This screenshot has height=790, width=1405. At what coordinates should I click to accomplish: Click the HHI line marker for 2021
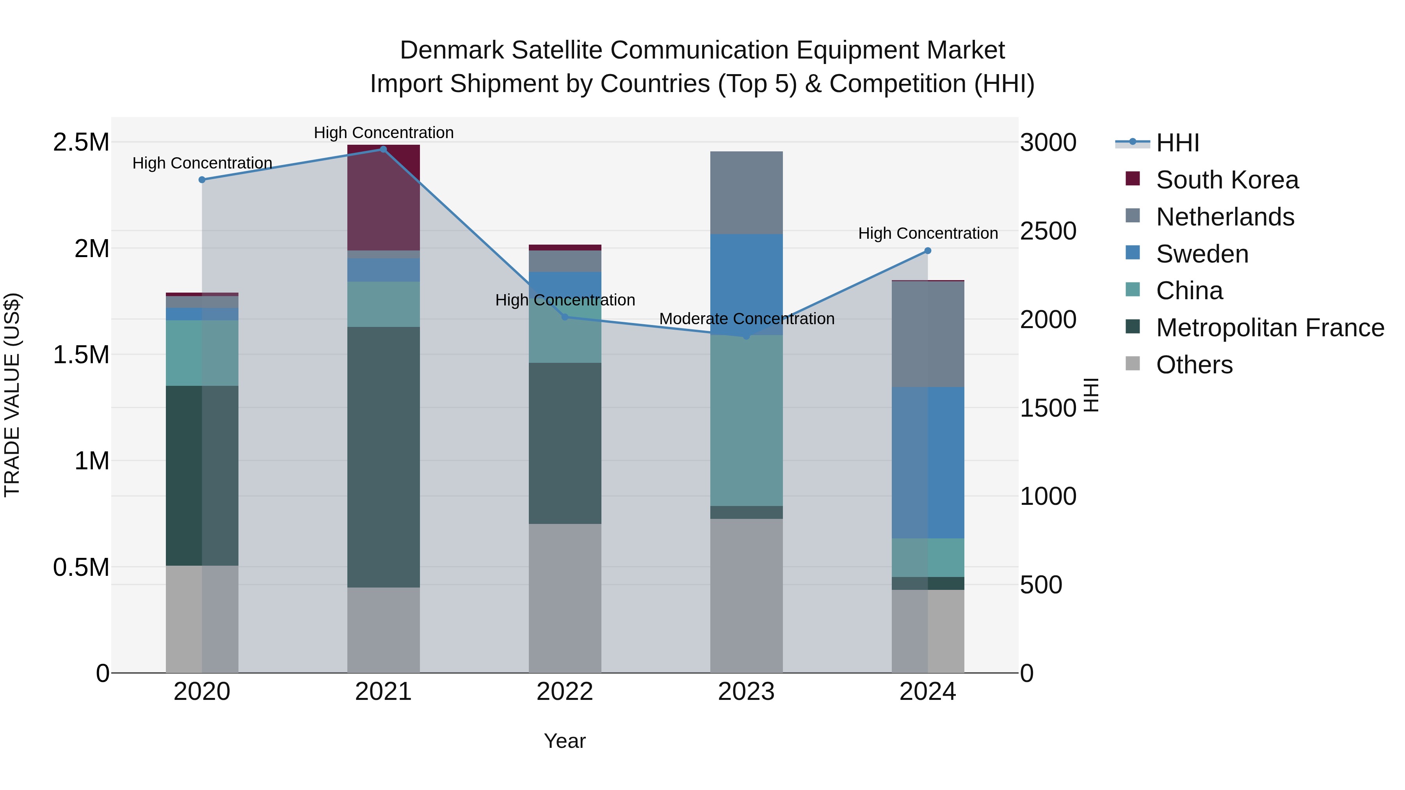coord(383,149)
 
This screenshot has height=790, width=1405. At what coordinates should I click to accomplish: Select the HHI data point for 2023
coord(746,336)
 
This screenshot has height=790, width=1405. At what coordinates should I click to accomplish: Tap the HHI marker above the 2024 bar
coord(927,251)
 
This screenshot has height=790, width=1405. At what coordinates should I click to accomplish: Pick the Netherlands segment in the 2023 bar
coord(746,192)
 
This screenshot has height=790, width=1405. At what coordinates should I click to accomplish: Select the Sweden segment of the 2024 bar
coord(927,462)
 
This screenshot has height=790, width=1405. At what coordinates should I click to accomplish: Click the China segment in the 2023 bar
coord(746,420)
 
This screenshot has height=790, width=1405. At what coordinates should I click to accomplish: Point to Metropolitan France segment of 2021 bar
coord(383,457)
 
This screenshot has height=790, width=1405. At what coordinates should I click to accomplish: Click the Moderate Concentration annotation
coord(746,319)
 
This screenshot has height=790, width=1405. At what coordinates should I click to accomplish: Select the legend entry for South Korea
coord(1227,180)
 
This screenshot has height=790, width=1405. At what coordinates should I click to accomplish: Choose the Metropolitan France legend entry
coord(1269,328)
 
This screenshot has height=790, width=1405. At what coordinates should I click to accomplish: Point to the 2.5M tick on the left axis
coord(81,142)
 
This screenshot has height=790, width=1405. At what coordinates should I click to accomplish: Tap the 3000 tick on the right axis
coord(1048,143)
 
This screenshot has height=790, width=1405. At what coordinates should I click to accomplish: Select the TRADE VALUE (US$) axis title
coord(12,395)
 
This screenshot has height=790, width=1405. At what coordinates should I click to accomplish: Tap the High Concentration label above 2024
coord(927,233)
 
